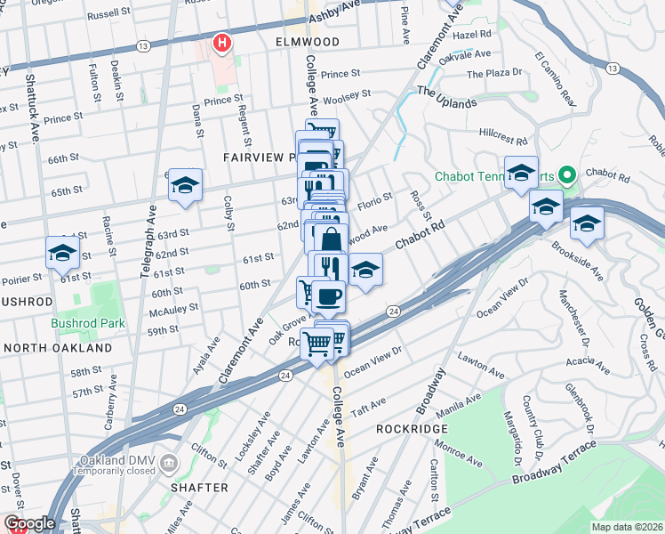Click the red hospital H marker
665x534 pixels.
(221, 42)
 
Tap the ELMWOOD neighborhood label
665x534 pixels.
(283, 42)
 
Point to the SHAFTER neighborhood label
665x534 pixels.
(200, 488)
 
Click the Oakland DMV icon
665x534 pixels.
(171, 464)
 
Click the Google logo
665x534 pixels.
(29, 523)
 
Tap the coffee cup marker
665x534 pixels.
(329, 295)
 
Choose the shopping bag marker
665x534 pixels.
(331, 239)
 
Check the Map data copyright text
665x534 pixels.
(627, 526)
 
